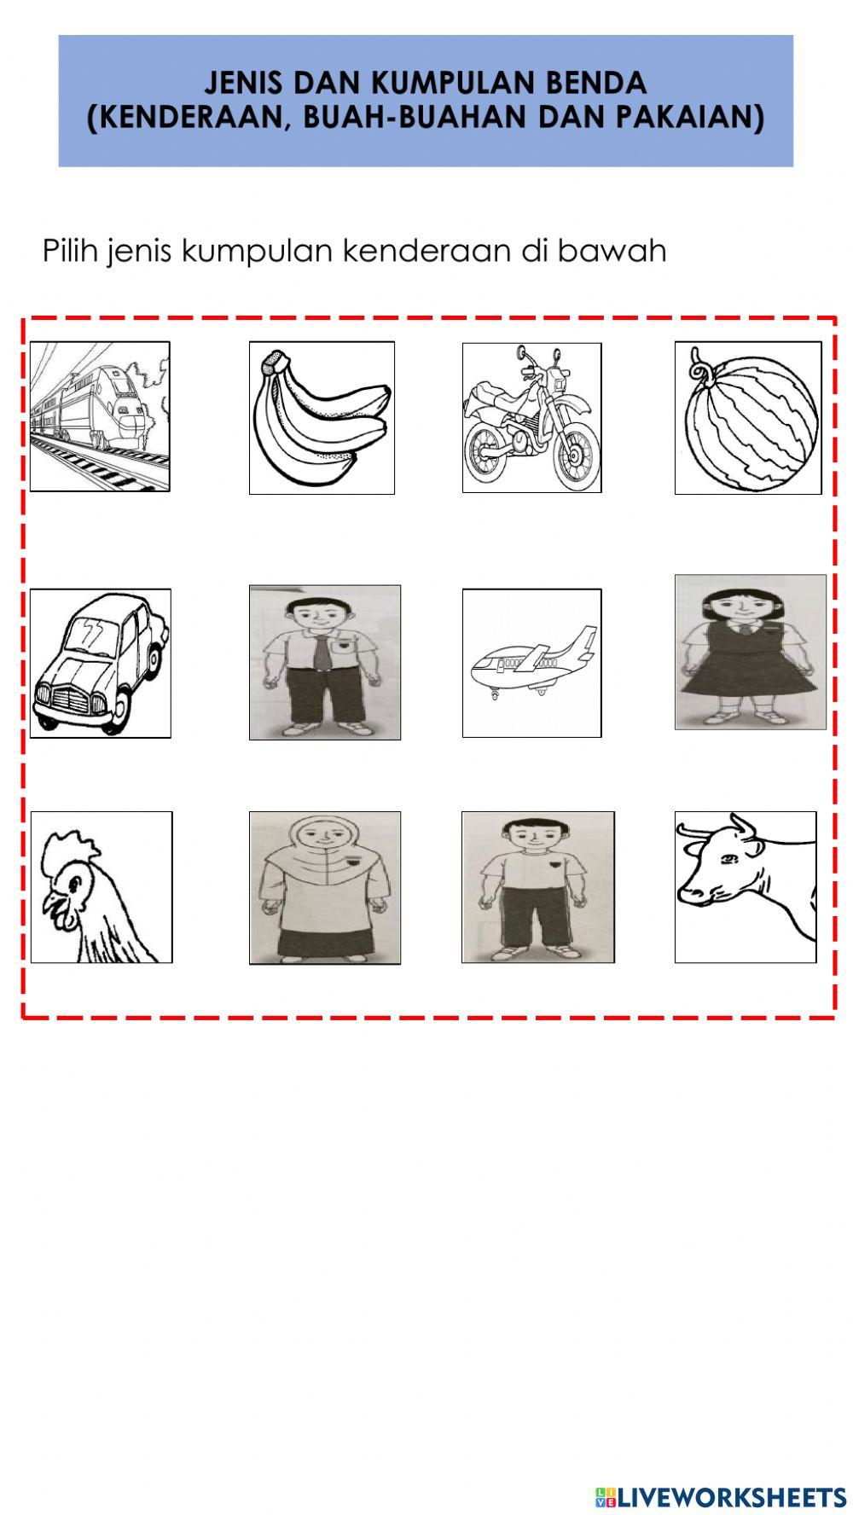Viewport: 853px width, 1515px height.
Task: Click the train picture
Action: tap(100, 416)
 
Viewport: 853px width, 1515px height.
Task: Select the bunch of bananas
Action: tap(322, 418)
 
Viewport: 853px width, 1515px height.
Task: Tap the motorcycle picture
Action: tap(531, 418)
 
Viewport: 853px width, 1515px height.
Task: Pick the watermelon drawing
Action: tap(748, 418)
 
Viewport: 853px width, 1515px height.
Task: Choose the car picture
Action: tap(100, 663)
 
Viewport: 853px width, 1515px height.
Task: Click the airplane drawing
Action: tap(531, 663)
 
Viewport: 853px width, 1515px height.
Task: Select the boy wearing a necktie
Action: tap(325, 662)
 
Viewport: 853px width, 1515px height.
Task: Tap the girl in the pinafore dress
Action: tap(751, 652)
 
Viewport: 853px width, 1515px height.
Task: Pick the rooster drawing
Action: tap(101, 887)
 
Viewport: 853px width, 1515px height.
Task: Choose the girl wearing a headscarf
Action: tap(325, 887)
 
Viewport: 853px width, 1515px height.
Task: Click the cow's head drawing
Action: tap(746, 887)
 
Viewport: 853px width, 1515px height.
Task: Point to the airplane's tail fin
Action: tap(583, 641)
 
